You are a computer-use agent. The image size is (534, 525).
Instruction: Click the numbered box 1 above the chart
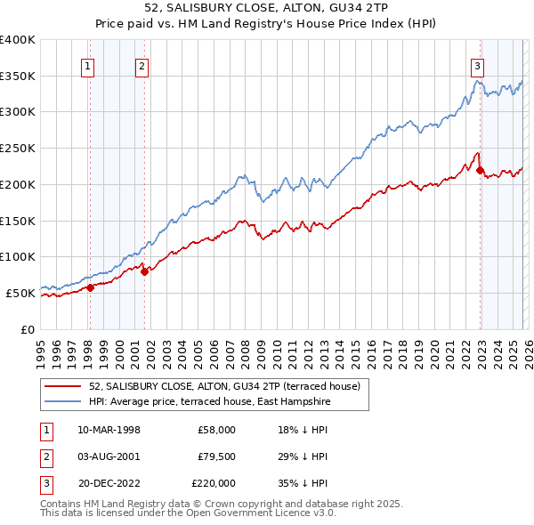[89, 65]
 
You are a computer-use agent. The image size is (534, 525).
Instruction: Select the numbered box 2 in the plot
[142, 65]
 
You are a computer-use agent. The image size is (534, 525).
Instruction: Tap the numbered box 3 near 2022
[478, 65]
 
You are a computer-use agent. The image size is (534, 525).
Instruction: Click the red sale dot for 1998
[90, 287]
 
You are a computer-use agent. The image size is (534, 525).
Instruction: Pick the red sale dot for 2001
[144, 271]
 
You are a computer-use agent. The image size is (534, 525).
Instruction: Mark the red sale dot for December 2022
[480, 170]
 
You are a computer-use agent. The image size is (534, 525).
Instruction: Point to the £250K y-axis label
[18, 148]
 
